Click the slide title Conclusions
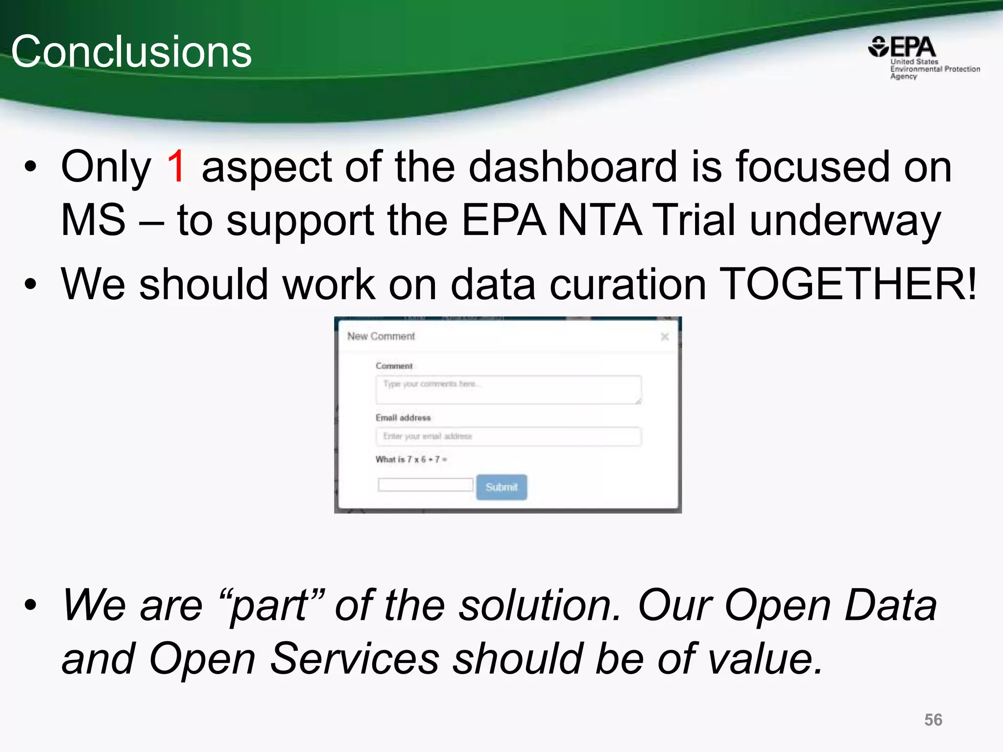(131, 52)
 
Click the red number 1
(176, 167)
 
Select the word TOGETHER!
(849, 284)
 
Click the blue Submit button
(501, 487)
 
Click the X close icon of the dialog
(665, 337)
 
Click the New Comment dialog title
(381, 336)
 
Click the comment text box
(508, 390)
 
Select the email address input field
(508, 436)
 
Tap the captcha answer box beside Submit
(425, 485)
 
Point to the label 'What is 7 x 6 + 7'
(410, 459)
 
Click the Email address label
(403, 418)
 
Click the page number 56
(933, 720)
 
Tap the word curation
(627, 284)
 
